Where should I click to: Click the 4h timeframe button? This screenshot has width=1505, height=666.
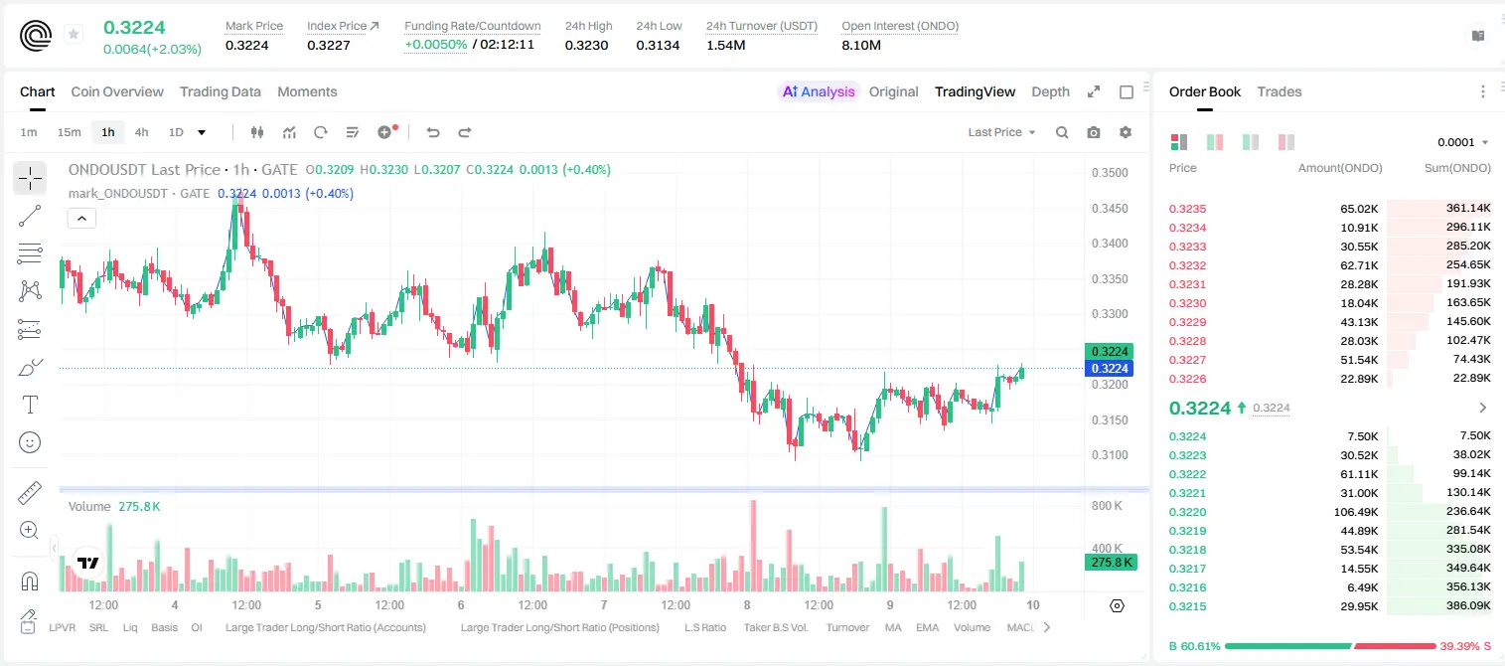coord(141,132)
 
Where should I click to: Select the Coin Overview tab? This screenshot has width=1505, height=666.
coord(117,91)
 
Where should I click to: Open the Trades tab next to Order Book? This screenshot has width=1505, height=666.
coord(1279,91)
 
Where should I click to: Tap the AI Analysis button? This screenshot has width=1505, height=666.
coord(819,91)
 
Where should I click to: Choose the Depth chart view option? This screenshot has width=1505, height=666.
coord(1050,91)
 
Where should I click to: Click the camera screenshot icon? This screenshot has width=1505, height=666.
coord(1094,132)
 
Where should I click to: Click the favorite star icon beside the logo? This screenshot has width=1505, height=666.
coord(74,34)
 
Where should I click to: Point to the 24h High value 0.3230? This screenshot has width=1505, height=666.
coord(586,45)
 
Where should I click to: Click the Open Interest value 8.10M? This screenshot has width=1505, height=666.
coord(861,45)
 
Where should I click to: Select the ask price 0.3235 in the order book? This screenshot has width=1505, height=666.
coord(1187,209)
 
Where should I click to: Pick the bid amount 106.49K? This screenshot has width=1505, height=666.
coord(1356,512)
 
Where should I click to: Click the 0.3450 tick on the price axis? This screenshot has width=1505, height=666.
coord(1110,209)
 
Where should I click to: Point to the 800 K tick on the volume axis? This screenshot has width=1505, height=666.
coord(1107,505)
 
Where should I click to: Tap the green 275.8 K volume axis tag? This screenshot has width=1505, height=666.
coord(1112,562)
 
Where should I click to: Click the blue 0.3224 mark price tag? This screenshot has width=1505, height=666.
coord(1110,368)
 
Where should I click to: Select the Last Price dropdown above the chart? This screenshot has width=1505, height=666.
coord(1001,132)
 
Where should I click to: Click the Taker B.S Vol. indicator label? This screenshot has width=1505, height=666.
coord(775,627)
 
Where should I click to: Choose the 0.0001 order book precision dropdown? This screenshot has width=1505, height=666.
coord(1460,142)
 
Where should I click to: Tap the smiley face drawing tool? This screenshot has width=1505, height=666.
coord(30,442)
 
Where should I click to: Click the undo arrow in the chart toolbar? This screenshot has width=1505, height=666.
coord(433,132)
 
